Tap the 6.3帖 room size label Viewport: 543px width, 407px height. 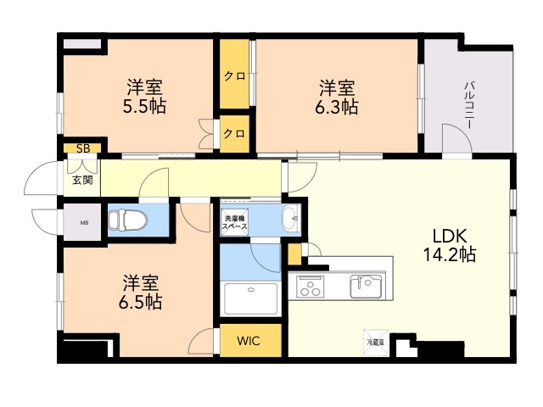coord(338,96)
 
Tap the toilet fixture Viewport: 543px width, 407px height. coord(128,220)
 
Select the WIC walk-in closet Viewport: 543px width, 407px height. coord(249,341)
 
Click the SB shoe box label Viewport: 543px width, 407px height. coord(82,148)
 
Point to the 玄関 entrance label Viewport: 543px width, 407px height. coord(82,180)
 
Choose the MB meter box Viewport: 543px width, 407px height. coord(82,223)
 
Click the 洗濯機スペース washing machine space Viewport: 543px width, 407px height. coord(236,222)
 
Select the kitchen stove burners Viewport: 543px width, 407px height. coord(311,287)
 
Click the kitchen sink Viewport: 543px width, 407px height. coord(367,286)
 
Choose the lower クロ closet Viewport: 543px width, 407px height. coord(235,133)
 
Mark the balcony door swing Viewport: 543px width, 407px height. coord(456,138)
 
